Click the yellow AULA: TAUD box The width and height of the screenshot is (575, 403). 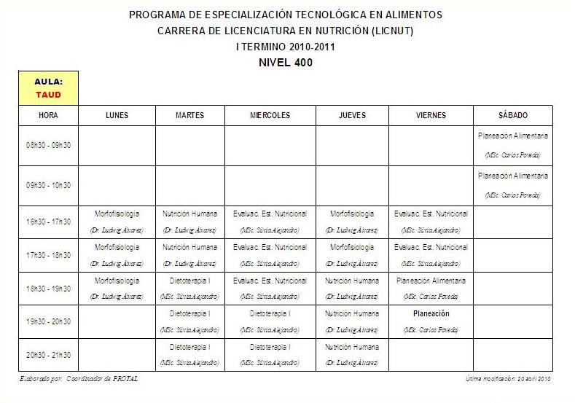[48, 88]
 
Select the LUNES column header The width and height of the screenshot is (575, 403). [117, 116]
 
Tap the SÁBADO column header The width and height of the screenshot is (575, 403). [513, 116]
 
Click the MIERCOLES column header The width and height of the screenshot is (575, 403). [270, 116]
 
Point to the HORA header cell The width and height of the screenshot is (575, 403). [48, 116]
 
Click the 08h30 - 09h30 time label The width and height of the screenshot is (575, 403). [48, 146]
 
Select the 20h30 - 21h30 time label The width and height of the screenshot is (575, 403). [48, 355]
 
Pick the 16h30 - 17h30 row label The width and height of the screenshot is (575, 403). [48, 222]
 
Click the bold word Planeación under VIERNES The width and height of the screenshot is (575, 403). [431, 314]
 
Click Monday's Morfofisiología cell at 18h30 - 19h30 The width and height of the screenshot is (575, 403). [117, 288]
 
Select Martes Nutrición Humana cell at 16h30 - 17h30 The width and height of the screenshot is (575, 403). [189, 221]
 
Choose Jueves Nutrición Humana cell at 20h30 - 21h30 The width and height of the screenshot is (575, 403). [352, 354]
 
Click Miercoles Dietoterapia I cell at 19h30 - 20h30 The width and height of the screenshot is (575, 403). [270, 321]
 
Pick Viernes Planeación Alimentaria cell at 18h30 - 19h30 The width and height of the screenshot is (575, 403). [431, 288]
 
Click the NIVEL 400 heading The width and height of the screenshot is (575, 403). [286, 63]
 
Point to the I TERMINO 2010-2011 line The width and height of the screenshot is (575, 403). [286, 47]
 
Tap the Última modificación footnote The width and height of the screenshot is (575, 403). [508, 379]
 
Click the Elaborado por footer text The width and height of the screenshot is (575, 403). [79, 379]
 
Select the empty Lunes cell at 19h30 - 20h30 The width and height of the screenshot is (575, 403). [117, 321]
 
